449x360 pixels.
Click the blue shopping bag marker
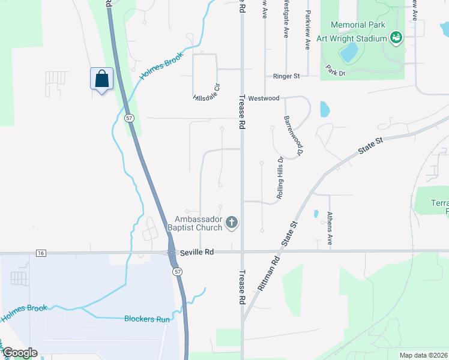click(101, 79)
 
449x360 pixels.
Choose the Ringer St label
click(286, 77)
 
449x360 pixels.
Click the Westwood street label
click(264, 98)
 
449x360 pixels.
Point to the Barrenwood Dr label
click(295, 133)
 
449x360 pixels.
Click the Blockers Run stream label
click(147, 319)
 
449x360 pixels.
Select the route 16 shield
click(41, 253)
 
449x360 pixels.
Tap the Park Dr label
click(336, 71)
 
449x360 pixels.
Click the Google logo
click(20, 353)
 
